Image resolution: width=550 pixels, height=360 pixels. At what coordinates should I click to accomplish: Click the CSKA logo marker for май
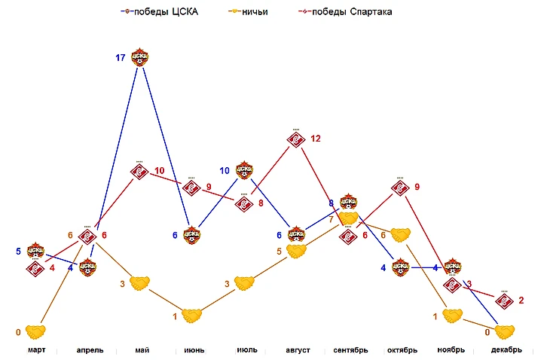139,57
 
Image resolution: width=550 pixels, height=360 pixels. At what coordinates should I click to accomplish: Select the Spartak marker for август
296,139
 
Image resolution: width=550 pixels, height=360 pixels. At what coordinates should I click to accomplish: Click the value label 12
315,139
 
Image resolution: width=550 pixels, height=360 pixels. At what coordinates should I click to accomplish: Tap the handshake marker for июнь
191,316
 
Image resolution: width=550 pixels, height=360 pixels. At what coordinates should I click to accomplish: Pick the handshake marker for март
35,331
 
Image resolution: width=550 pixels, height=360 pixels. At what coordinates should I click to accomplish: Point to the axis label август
296,350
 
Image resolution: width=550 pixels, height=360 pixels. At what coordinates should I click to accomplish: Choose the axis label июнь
191,350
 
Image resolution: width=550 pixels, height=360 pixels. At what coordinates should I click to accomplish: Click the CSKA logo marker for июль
244,170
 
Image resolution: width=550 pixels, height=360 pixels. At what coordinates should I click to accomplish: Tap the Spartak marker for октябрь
400,188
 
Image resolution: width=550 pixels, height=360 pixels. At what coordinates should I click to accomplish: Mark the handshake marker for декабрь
504,331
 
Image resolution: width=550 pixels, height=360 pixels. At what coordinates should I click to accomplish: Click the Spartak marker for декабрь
504,300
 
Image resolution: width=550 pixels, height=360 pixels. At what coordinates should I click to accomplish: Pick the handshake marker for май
139,283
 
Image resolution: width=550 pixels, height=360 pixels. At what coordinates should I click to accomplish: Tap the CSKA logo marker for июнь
191,235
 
